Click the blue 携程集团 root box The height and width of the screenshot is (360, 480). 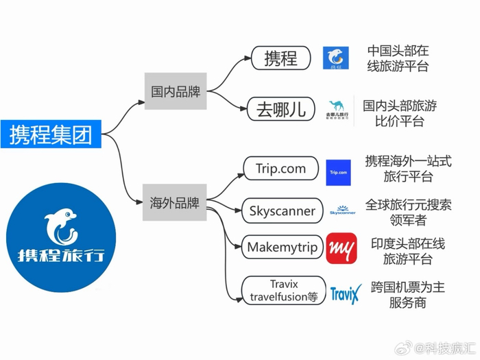click(x=51, y=134)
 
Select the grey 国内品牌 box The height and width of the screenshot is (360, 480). click(x=176, y=91)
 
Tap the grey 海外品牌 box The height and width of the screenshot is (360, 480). click(x=174, y=202)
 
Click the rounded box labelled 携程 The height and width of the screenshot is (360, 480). click(x=281, y=58)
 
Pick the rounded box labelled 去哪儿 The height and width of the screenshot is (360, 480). click(x=281, y=109)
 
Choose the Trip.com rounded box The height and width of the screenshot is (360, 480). click(x=281, y=169)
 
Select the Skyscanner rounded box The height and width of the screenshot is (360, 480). click(x=283, y=211)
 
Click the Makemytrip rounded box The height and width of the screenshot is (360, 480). click(x=283, y=247)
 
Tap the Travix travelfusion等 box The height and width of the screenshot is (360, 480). click(x=284, y=291)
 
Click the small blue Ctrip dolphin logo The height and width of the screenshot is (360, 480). click(x=336, y=58)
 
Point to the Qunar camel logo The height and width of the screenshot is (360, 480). click(x=337, y=110)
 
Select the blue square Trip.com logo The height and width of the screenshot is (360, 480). click(x=338, y=172)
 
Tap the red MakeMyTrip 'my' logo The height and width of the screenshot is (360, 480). click(x=341, y=248)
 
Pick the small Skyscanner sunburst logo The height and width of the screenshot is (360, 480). click(x=343, y=211)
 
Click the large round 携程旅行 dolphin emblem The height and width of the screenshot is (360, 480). click(x=61, y=237)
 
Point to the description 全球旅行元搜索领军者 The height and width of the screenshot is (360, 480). click(x=408, y=212)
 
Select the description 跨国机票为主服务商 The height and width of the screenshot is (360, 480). click(x=407, y=295)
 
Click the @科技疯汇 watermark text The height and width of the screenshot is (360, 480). click(x=444, y=348)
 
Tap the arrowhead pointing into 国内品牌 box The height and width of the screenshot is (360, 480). click(x=141, y=102)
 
